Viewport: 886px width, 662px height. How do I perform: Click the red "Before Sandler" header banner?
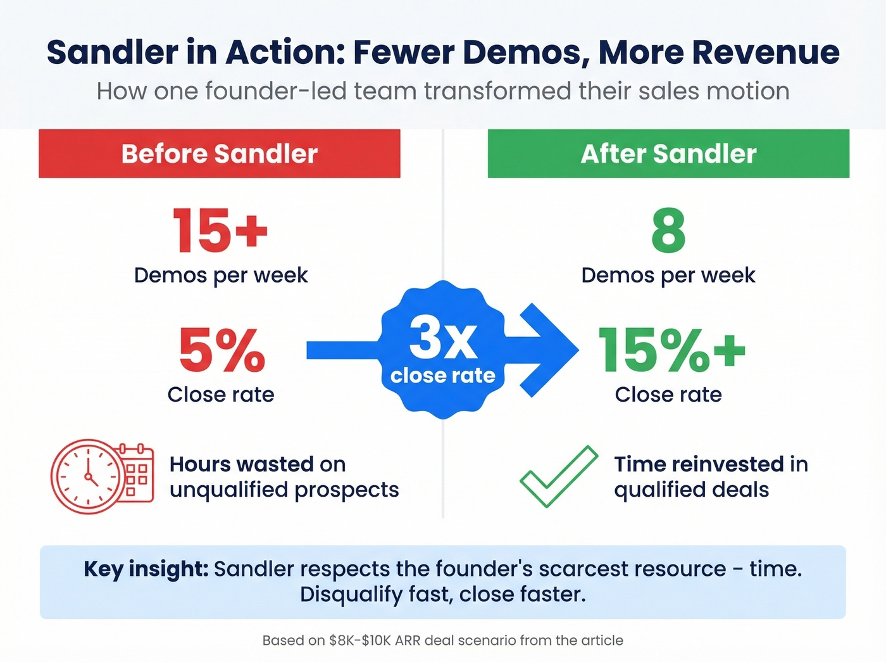click(x=219, y=154)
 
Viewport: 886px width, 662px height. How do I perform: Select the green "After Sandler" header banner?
click(x=668, y=154)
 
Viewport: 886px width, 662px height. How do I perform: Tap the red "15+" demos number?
click(x=220, y=230)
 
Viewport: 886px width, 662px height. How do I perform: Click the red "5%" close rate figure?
click(x=221, y=350)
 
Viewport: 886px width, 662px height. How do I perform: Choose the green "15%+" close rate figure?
click(x=671, y=350)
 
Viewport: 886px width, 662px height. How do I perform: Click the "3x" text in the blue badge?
click(x=443, y=338)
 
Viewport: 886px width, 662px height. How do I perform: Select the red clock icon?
click(x=87, y=476)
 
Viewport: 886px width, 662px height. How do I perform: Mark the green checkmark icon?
click(x=558, y=476)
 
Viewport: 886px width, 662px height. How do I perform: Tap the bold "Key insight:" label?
click(x=146, y=569)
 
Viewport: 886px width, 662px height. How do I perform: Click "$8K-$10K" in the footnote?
click(x=359, y=640)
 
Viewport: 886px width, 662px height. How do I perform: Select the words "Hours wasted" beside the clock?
click(x=241, y=464)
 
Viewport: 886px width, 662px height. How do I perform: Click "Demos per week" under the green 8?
click(x=668, y=276)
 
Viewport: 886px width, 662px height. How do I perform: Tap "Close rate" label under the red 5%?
click(x=221, y=395)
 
